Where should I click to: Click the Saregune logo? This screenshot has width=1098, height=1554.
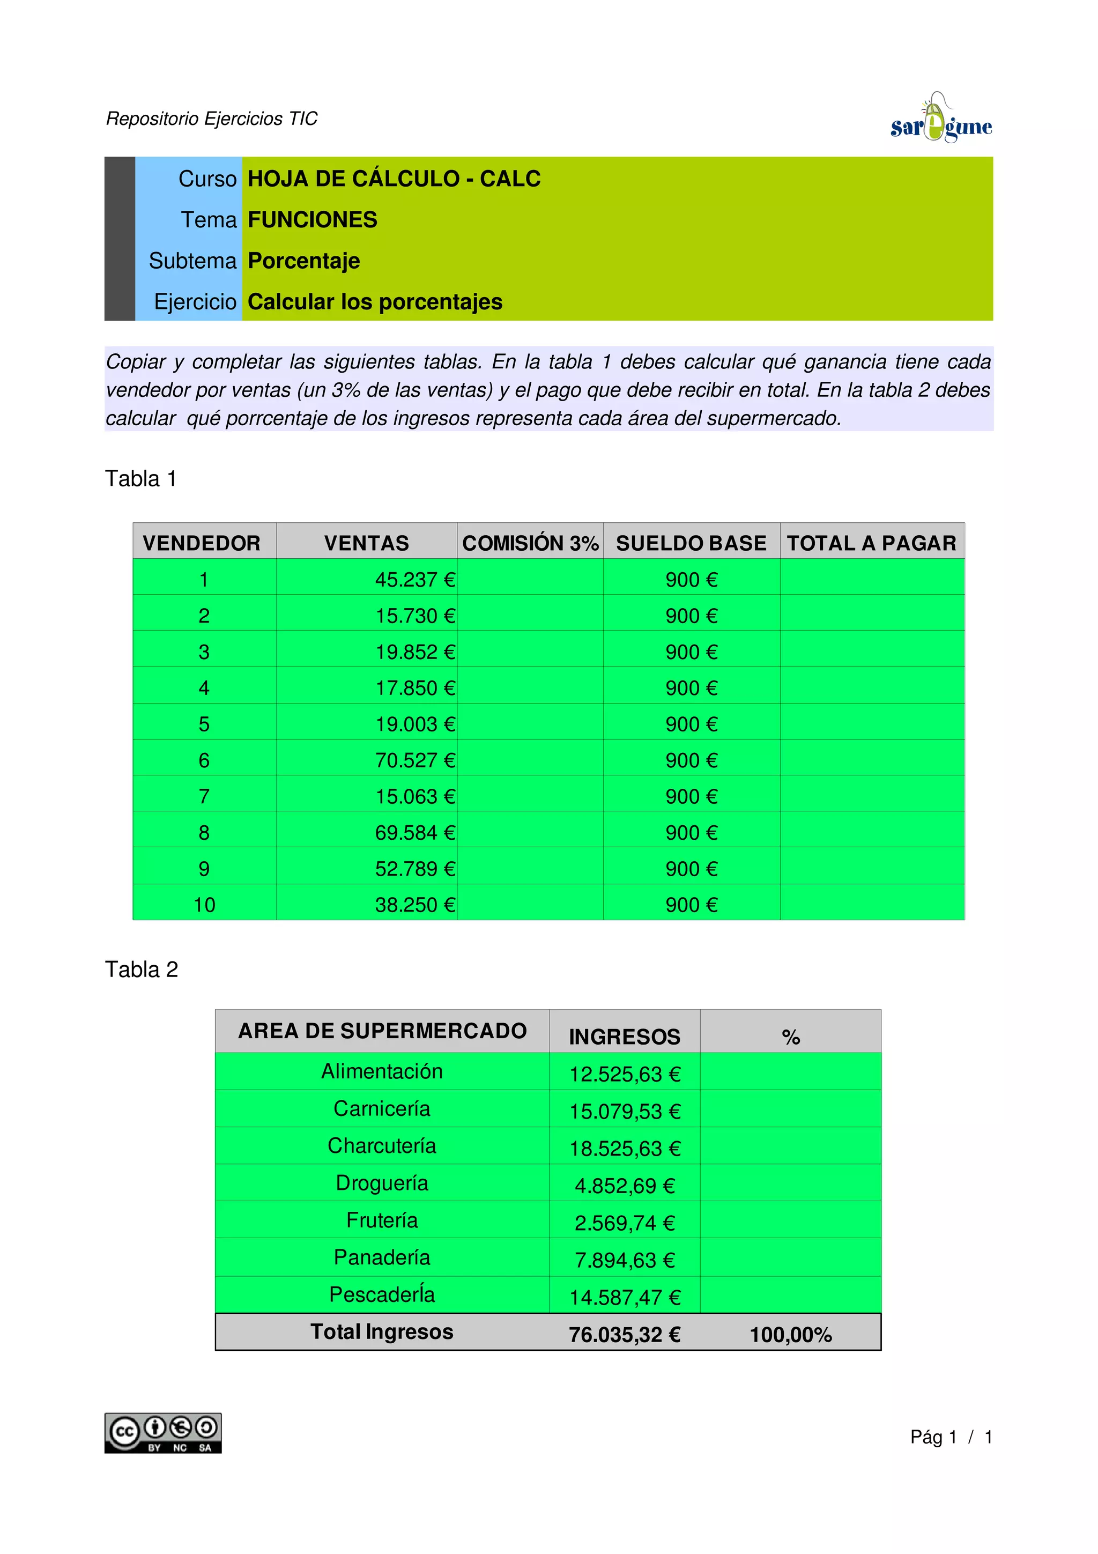pyautogui.click(x=940, y=120)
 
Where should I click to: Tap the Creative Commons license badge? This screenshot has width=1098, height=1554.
pyautogui.click(x=162, y=1433)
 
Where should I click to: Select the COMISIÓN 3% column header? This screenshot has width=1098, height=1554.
pyautogui.click(x=530, y=543)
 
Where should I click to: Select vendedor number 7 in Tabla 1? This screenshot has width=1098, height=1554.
pyautogui.click(x=204, y=797)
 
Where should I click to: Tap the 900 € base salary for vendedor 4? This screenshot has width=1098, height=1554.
pyautogui.click(x=691, y=689)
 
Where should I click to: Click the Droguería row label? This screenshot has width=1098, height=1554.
pyautogui.click(x=382, y=1183)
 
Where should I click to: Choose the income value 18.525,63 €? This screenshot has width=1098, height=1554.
pyautogui.click(x=625, y=1149)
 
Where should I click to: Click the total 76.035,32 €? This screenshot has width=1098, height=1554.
pyautogui.click(x=625, y=1335)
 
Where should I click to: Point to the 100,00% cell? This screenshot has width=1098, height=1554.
pyautogui.click(x=790, y=1335)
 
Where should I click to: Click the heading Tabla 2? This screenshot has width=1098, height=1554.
pyautogui.click(x=142, y=969)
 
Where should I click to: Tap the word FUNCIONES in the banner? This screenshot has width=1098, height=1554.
pyautogui.click(x=313, y=220)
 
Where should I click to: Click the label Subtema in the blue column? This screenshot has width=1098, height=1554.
pyautogui.click(x=193, y=261)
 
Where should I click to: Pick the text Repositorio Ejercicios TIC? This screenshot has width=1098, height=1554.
pyautogui.click(x=212, y=119)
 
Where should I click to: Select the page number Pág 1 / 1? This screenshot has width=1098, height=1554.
pyautogui.click(x=951, y=1437)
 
